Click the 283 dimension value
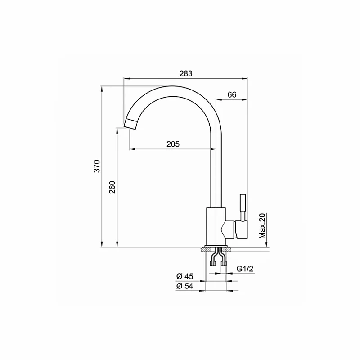(186, 74)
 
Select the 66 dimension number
(232, 94)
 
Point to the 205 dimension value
(173, 144)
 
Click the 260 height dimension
(112, 187)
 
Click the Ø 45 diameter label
(185, 276)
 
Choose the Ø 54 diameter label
(185, 287)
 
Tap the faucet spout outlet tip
(130, 123)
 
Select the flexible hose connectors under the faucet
(217, 261)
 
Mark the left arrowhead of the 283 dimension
(126, 79)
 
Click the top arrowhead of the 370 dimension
(102, 88)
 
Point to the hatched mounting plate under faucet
(217, 249)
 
